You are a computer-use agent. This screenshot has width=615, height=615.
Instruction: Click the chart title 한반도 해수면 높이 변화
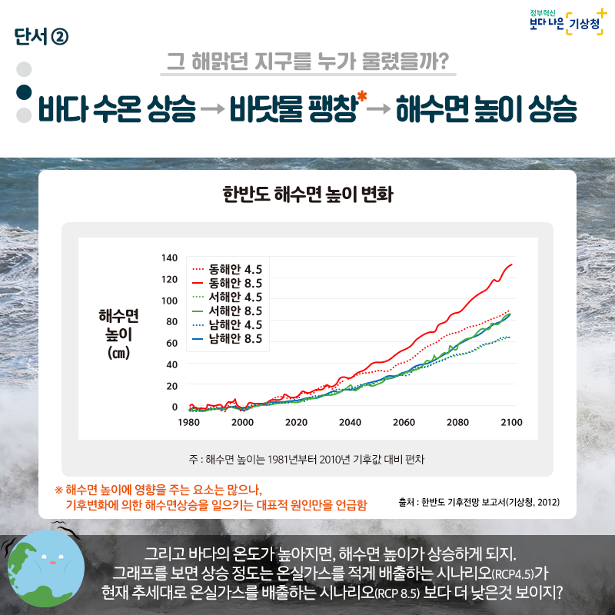coord(307,194)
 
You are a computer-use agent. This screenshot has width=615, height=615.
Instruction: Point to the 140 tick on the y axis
coord(169,257)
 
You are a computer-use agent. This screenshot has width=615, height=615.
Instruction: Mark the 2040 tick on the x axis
coord(350,422)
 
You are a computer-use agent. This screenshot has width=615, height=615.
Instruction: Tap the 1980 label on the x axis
coord(189,422)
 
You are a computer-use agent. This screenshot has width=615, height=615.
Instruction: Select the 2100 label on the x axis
coord(511,422)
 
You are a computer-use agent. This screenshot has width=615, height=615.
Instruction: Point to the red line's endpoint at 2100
coord(512,264)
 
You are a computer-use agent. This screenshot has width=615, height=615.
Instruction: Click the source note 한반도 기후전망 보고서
coord(479,502)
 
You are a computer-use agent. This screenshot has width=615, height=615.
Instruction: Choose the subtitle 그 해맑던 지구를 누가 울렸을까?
coord(308,61)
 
